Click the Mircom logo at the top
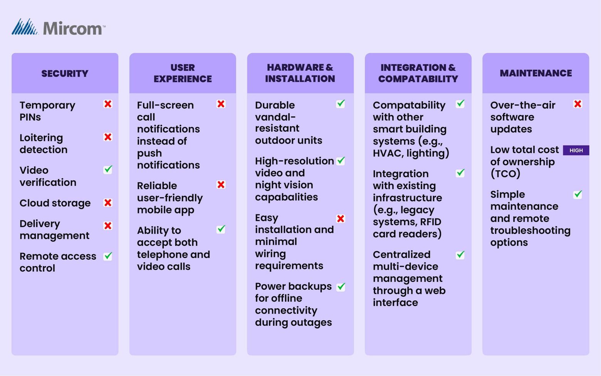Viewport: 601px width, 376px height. click(x=59, y=28)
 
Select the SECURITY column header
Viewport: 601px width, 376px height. click(x=65, y=73)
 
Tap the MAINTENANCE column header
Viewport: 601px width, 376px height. click(x=536, y=73)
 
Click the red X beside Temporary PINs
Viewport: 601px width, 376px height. click(x=108, y=104)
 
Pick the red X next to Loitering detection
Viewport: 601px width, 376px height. click(x=108, y=137)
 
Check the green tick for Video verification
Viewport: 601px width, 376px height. click(x=108, y=170)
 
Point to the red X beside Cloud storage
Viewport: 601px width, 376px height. click(x=108, y=203)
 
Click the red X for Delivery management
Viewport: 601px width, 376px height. click(x=108, y=225)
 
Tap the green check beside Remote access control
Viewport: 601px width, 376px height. click(x=108, y=256)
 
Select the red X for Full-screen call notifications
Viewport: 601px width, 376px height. click(x=221, y=104)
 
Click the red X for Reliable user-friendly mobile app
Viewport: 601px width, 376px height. click(x=221, y=185)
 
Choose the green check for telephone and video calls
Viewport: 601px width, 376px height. click(x=221, y=229)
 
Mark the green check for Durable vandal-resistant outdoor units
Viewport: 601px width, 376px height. click(x=341, y=104)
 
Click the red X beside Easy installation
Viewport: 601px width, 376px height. click(x=341, y=219)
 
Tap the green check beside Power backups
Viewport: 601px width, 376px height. click(x=341, y=287)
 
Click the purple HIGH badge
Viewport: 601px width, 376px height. click(x=576, y=150)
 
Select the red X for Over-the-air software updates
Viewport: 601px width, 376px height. click(x=577, y=104)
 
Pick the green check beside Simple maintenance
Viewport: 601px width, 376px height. click(x=577, y=195)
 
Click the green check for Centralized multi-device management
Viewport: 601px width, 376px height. click(x=460, y=255)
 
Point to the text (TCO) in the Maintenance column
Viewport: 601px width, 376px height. click(x=505, y=174)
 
